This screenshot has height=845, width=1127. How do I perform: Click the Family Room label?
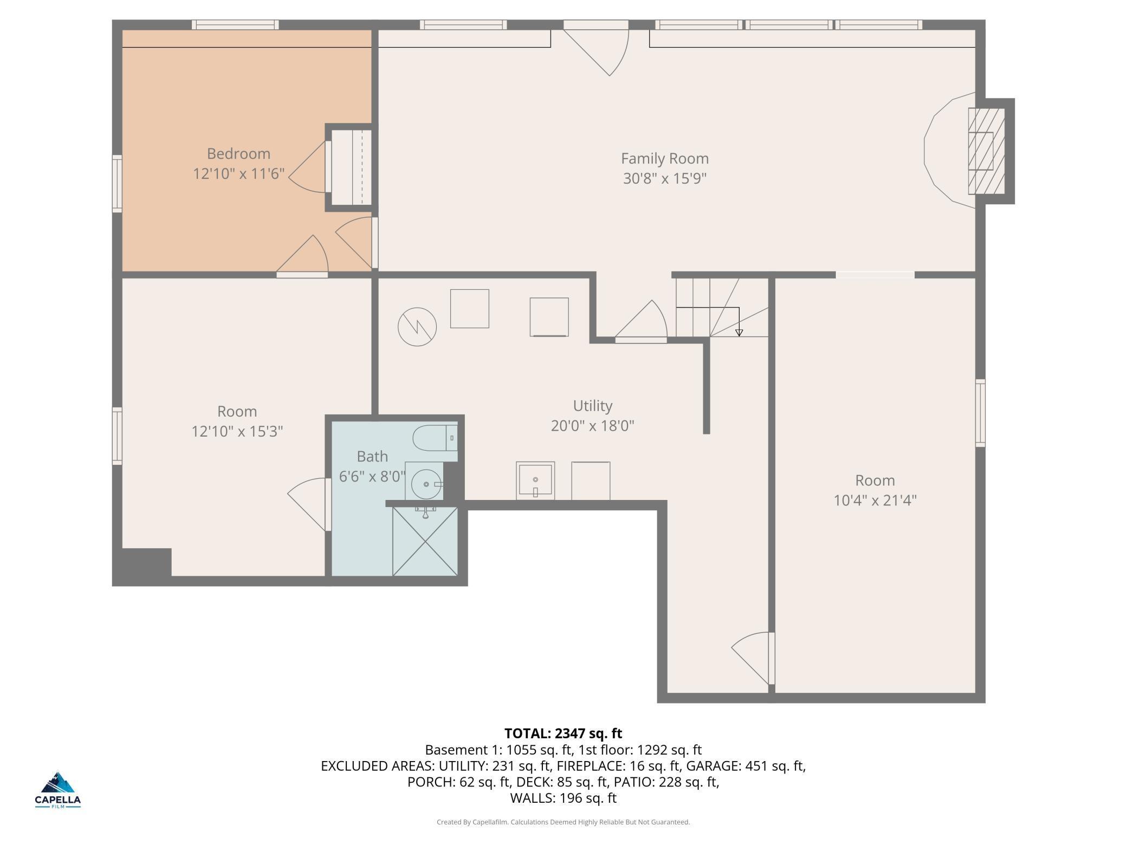click(x=664, y=159)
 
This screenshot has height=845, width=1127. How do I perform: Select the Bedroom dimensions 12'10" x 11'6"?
click(x=238, y=174)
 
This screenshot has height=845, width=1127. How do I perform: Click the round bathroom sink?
click(x=426, y=484)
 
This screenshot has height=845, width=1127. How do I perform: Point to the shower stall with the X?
click(x=425, y=541)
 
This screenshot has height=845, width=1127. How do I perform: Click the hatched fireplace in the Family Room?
click(x=986, y=151)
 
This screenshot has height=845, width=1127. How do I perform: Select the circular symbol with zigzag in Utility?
click(x=417, y=327)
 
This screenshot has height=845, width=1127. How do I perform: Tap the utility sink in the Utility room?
click(x=535, y=480)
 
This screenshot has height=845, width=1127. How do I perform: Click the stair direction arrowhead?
click(x=739, y=333)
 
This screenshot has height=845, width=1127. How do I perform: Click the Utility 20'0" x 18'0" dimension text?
click(x=592, y=426)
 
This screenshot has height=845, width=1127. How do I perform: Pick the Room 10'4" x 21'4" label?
click(x=875, y=490)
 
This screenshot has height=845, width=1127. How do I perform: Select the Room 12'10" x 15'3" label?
click(x=237, y=421)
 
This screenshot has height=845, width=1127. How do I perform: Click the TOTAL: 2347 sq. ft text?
click(x=563, y=733)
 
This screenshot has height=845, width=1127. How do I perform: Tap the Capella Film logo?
click(x=57, y=790)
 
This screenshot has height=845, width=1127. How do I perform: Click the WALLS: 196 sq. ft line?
click(x=563, y=798)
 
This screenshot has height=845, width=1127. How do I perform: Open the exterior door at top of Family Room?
click(x=596, y=49)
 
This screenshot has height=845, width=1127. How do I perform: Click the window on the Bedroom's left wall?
click(x=117, y=183)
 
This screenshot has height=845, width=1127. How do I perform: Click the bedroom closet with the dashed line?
click(x=351, y=167)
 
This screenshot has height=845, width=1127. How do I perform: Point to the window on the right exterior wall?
click(x=980, y=413)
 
